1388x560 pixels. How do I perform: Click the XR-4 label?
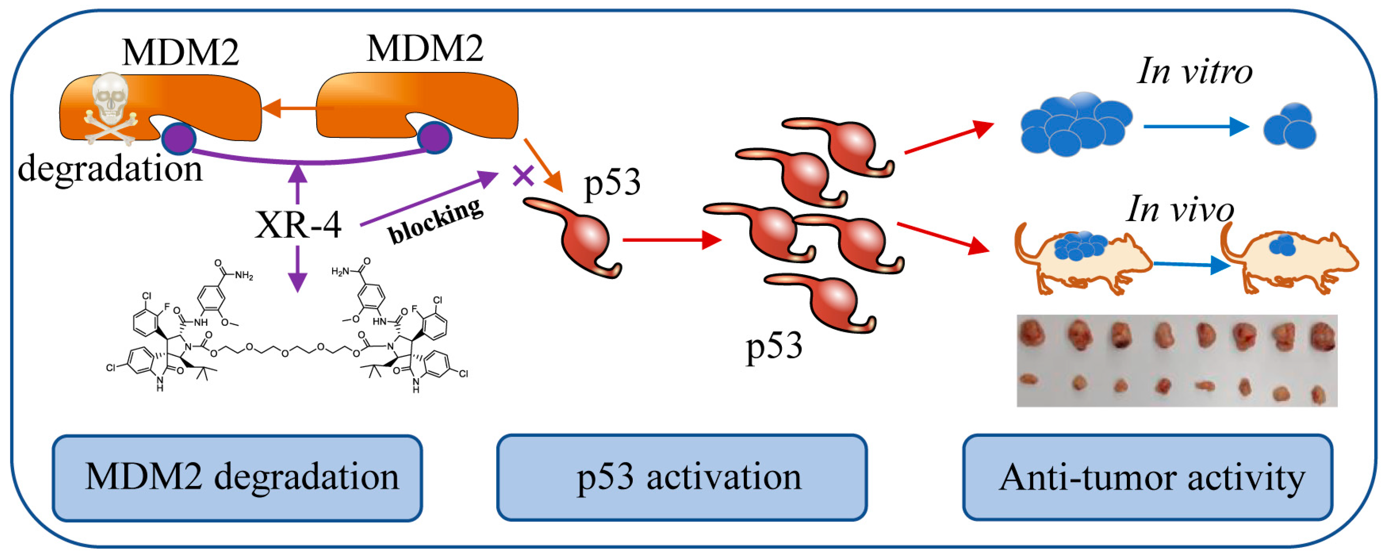pyautogui.click(x=298, y=225)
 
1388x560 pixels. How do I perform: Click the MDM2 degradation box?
pyautogui.click(x=237, y=478)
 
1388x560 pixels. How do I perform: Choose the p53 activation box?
pyautogui.click(x=682, y=478)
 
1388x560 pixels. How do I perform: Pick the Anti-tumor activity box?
pyautogui.click(x=1148, y=478)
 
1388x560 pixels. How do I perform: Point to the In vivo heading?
pyautogui.click(x=1180, y=209)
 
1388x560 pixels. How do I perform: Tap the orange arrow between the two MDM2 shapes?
pyautogui.click(x=296, y=108)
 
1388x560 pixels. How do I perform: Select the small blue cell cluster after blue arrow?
pyautogui.click(x=1289, y=127)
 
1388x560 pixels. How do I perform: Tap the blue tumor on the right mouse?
pyautogui.click(x=1282, y=245)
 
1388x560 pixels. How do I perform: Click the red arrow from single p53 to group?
pyautogui.click(x=671, y=240)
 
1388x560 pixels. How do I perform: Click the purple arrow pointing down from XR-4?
pyautogui.click(x=297, y=269)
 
